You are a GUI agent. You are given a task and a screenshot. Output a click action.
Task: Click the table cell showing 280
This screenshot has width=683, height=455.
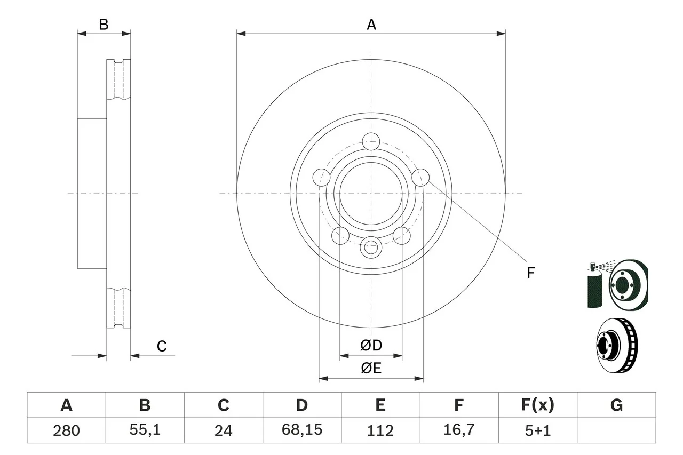(x=66, y=430)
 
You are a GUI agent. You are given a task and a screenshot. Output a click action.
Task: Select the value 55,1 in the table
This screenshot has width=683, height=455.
(x=145, y=430)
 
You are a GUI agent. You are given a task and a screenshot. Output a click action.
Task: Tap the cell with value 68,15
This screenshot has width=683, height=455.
(x=301, y=430)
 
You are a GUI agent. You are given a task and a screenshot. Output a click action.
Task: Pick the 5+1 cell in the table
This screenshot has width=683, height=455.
(x=538, y=430)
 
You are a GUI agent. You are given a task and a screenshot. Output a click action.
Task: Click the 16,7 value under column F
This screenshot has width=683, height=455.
(x=458, y=430)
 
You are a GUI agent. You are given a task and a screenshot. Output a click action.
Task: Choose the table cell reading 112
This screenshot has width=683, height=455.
(x=380, y=430)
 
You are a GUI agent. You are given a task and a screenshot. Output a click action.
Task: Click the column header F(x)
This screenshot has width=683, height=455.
(x=538, y=405)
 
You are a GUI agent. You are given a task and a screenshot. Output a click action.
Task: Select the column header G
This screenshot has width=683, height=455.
(x=616, y=405)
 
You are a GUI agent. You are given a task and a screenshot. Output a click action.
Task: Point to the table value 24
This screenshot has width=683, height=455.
(x=223, y=430)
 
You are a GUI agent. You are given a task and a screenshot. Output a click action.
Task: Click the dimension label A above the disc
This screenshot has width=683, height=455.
(x=371, y=25)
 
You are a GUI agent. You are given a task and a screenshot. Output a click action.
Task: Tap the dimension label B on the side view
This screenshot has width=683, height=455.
(x=104, y=25)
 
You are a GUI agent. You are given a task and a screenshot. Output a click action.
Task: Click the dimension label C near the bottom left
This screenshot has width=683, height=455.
(x=162, y=347)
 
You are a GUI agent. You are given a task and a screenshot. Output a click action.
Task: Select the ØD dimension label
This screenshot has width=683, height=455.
(x=371, y=346)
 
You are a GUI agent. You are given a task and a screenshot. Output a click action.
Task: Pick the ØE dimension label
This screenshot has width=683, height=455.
(x=371, y=368)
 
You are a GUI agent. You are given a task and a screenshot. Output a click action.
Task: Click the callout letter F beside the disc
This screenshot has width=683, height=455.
(x=530, y=273)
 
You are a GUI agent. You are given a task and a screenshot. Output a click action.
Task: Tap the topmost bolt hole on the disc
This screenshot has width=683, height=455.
(x=370, y=142)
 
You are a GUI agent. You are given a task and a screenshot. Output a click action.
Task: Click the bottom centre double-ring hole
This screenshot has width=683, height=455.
(x=370, y=247)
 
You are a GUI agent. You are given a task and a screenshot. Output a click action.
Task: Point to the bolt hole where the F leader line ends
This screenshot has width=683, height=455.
(x=421, y=177)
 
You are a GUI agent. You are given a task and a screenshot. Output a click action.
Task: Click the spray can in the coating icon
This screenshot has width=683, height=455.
(x=594, y=288)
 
